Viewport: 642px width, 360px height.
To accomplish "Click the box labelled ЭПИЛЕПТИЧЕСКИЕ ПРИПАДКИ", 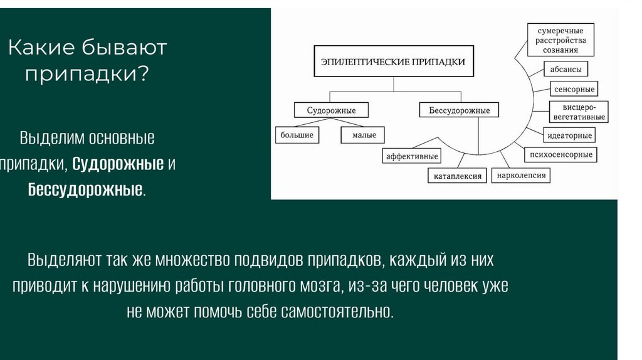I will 393,61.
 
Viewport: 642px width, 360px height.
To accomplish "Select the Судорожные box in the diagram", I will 331,110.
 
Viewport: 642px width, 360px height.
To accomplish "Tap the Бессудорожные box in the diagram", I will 460,110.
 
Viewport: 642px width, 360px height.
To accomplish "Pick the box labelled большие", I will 297,135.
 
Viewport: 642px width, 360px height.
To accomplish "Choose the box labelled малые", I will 364,135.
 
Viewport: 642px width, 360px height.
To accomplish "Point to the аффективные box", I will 412,156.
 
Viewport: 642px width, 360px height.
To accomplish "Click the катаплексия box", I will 458,176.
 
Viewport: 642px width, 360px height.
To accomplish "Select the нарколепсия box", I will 521,175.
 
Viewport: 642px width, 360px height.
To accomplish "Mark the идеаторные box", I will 569,135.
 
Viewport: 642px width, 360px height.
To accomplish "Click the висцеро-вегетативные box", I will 579,112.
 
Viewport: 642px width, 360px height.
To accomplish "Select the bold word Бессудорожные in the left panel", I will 85,189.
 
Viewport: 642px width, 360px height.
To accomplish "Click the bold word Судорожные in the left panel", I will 118,164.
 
